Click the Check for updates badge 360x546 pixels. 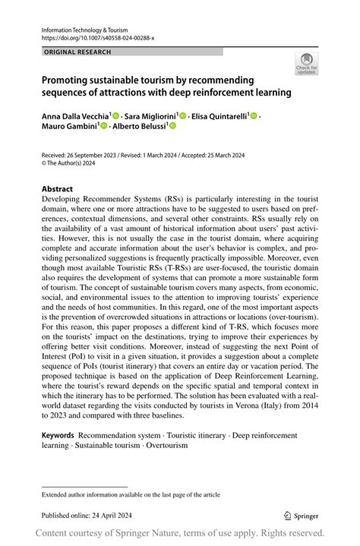(x=306, y=64)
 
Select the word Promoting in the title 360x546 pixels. (x=68, y=80)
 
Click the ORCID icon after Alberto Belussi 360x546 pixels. (x=172, y=126)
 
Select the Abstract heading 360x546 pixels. (x=57, y=189)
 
